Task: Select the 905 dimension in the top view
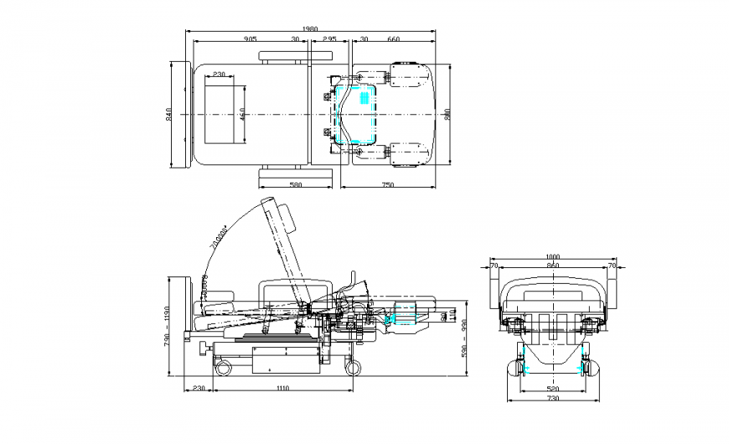click(251, 39)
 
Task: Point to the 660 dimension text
click(394, 39)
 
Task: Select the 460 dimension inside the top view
click(242, 114)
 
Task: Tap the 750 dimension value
click(388, 184)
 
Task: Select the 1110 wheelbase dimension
click(282, 388)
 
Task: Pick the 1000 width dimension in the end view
click(551, 257)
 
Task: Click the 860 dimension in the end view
click(551, 266)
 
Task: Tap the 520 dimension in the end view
click(551, 389)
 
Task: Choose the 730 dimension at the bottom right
click(551, 400)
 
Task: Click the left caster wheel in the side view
click(222, 365)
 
